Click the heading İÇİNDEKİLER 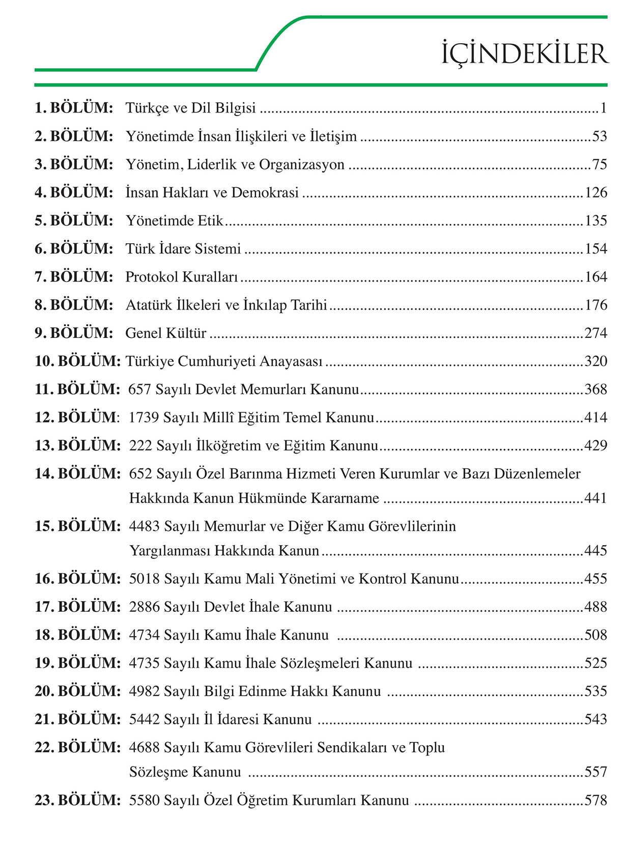click(525, 54)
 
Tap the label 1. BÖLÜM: click(74, 108)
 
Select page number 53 click(600, 136)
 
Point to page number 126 click(596, 192)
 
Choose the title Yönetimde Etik click(175, 220)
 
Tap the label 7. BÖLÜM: click(74, 277)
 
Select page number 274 click(595, 333)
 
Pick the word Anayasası click(291, 361)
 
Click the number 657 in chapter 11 click(140, 389)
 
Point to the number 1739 click(144, 417)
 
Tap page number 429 click(595, 445)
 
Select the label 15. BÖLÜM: click(77, 526)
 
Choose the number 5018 click(145, 579)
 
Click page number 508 click(595, 635)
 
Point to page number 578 click(595, 800)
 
